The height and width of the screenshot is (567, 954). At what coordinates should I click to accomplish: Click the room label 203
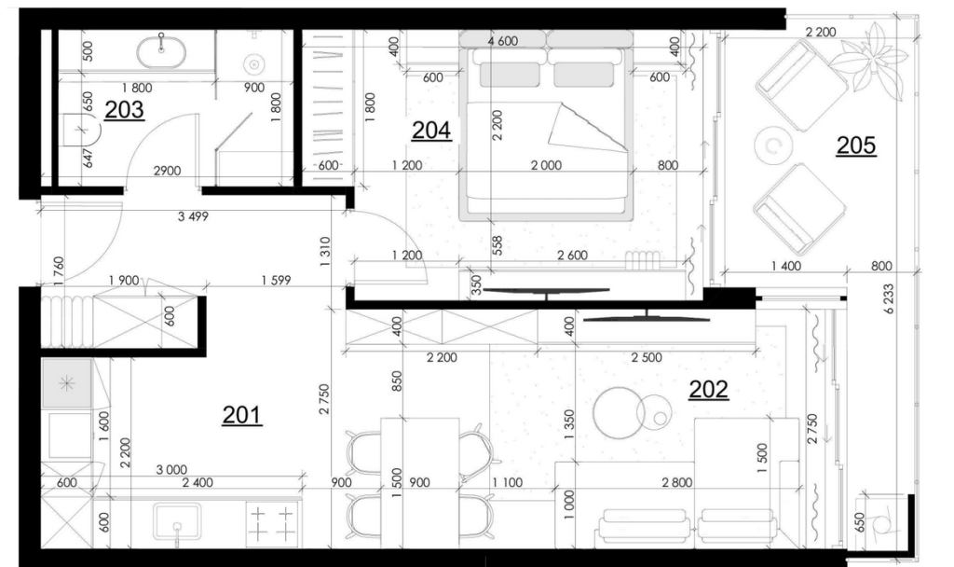point(124,110)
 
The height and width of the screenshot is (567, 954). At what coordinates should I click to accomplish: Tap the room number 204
point(431,131)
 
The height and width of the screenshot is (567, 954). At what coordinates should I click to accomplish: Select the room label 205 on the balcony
point(856,145)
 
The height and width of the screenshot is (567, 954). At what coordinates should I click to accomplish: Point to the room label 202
point(708,389)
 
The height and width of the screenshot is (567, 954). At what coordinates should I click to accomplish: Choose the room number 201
point(241,415)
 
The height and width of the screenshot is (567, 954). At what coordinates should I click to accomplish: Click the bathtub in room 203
point(160,52)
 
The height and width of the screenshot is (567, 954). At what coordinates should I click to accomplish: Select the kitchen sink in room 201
point(177,521)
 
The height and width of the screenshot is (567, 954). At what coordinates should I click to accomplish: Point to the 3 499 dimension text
point(193,216)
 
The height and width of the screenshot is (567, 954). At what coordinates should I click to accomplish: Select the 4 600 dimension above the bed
point(502,41)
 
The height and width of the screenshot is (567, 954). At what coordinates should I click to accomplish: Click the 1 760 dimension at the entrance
point(59,271)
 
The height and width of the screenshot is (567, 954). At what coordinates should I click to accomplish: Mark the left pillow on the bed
point(510,75)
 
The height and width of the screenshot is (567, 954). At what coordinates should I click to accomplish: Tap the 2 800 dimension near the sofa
point(677,482)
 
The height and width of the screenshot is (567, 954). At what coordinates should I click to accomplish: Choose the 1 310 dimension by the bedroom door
point(324,252)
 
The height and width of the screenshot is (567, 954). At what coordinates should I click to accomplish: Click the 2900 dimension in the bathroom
point(167,172)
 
